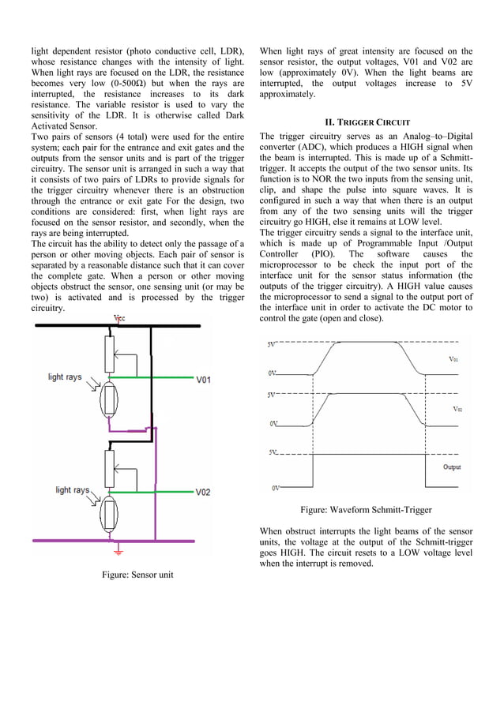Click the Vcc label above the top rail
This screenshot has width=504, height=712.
pos(119,319)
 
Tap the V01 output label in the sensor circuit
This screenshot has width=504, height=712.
pos(204,380)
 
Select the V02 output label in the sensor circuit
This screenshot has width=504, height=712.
pos(204,492)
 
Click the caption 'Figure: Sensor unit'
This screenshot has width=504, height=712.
pos(137,574)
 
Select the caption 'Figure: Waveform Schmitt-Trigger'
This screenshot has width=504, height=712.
pos(366,510)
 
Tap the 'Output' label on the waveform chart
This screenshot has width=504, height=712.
pos(452,467)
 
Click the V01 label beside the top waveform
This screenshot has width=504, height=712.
pos(453,358)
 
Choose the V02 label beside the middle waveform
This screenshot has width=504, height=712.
pos(457,409)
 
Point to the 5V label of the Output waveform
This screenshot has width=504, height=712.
pos(273,453)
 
